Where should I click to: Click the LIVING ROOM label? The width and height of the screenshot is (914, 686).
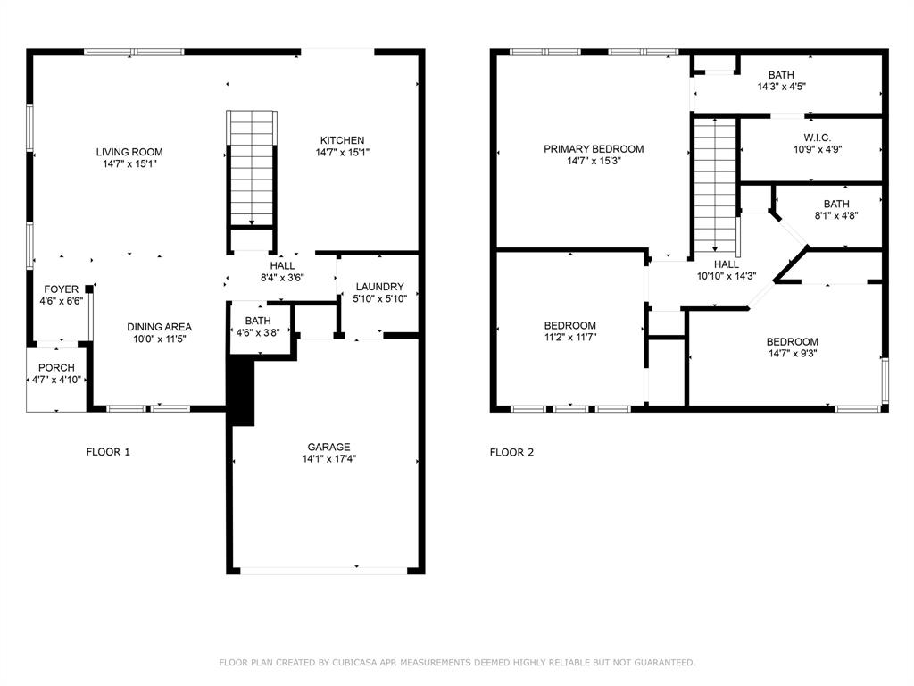tap(129, 152)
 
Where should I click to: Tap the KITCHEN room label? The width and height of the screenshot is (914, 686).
tap(342, 140)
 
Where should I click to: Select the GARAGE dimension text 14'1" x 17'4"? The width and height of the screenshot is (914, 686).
tap(328, 458)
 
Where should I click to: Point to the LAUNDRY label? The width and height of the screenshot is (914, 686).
tap(379, 287)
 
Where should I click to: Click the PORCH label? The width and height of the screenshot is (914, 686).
tap(56, 368)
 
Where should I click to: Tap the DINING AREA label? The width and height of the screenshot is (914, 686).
tap(159, 327)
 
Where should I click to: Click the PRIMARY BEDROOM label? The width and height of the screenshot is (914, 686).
tap(594, 149)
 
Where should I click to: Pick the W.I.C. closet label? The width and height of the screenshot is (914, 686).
tap(817, 138)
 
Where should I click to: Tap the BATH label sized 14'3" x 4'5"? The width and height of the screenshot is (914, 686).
tap(781, 75)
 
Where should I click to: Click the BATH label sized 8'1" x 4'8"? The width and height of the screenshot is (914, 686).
tap(836, 204)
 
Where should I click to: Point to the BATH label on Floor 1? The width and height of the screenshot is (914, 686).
tap(258, 321)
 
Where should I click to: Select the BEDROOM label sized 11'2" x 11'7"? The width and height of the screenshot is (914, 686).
tap(569, 325)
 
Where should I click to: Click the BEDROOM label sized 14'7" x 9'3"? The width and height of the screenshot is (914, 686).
tap(792, 341)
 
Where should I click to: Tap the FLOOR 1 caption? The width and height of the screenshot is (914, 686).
tap(108, 452)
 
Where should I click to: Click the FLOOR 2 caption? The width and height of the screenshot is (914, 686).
tap(511, 452)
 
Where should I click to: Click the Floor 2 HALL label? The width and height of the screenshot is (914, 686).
tap(726, 264)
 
